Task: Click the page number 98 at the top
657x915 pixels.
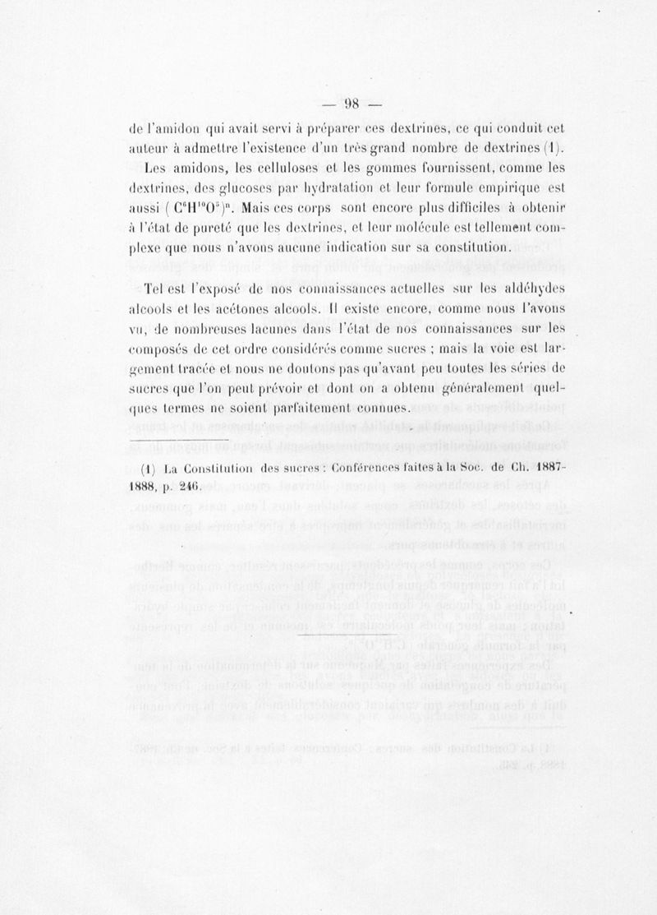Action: (x=353, y=103)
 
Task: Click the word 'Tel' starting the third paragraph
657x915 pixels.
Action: (x=153, y=290)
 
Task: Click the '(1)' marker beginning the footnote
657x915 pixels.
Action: (x=149, y=471)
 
